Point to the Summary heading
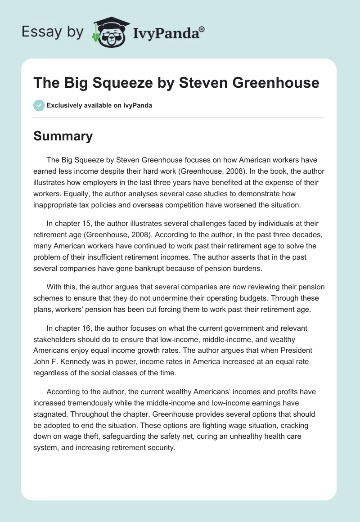[x=63, y=136]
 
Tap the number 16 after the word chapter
[x=84, y=328]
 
